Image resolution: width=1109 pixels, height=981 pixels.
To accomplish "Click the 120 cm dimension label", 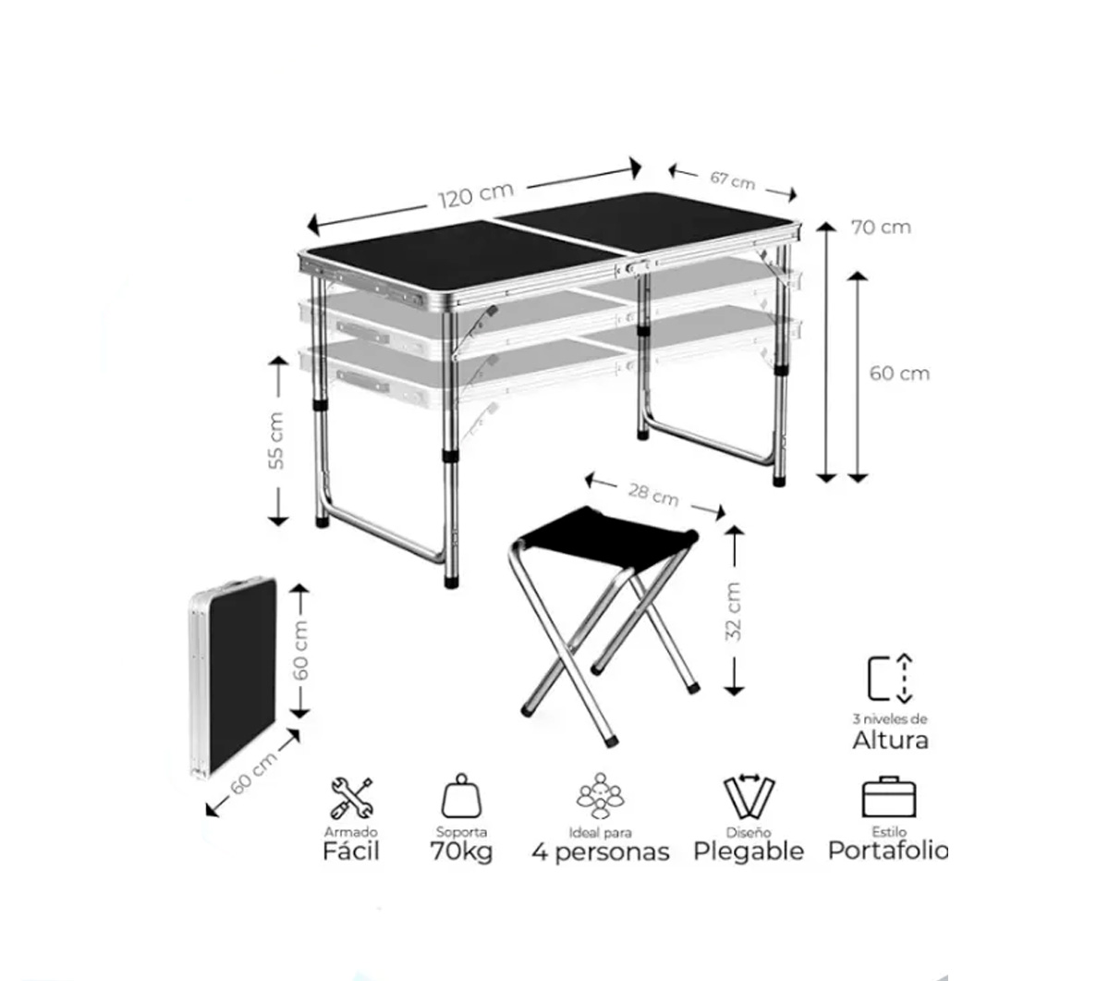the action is (x=476, y=194).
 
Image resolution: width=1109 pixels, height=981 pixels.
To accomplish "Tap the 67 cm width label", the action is (x=732, y=179).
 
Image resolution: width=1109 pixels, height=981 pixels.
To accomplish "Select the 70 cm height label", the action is (x=881, y=227).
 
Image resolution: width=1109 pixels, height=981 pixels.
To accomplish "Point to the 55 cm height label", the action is (x=277, y=440).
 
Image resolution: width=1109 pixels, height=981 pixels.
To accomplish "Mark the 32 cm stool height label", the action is (x=734, y=611).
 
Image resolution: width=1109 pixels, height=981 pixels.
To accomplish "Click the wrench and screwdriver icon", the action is (x=352, y=798).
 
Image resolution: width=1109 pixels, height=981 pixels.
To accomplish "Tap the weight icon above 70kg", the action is (x=461, y=795).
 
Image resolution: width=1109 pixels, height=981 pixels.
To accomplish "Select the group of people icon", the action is (x=601, y=796).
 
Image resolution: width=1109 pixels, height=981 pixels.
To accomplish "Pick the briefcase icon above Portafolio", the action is (x=888, y=797).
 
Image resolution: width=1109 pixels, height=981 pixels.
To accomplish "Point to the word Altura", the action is (x=890, y=741).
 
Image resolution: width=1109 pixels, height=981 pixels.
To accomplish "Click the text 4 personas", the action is (x=601, y=852).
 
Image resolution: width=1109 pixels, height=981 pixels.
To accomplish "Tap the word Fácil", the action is (x=351, y=852).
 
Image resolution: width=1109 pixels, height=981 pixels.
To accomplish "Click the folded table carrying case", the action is (x=233, y=677).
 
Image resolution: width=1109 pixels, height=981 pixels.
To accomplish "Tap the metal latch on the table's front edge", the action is (x=635, y=268).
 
